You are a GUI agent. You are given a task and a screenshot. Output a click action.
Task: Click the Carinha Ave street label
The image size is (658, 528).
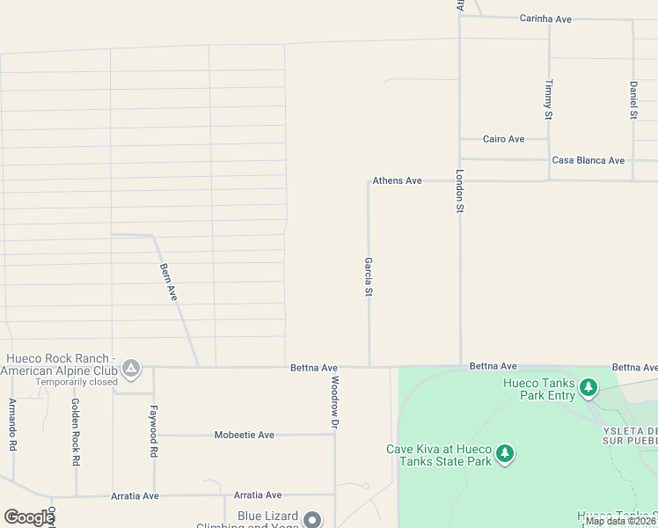click(x=545, y=18)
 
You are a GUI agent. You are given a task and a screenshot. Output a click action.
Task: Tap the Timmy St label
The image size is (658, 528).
click(x=548, y=99)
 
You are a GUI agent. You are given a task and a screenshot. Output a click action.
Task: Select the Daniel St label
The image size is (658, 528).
click(x=633, y=99)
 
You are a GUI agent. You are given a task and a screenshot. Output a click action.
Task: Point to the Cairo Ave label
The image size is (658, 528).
click(x=504, y=139)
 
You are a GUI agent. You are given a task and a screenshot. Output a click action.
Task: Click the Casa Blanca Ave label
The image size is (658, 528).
click(x=588, y=160)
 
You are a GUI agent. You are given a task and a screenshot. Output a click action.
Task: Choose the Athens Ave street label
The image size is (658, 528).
click(x=397, y=180)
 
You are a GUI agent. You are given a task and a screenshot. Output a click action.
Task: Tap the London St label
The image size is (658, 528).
click(x=459, y=191)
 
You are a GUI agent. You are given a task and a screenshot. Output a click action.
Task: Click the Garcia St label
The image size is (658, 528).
click(x=369, y=277)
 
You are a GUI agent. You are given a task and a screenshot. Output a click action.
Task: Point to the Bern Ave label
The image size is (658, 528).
click(x=169, y=282)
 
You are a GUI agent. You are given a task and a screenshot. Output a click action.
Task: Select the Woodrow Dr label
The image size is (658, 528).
click(x=334, y=402)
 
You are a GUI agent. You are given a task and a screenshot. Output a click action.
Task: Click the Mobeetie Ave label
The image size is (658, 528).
click(x=245, y=435)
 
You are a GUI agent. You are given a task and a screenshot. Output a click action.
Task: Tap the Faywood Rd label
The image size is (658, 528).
click(x=153, y=430)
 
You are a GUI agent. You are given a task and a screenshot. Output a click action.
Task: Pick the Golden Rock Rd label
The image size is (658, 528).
click(x=76, y=432)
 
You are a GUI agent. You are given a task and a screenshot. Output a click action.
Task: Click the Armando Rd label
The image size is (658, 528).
click(x=12, y=424)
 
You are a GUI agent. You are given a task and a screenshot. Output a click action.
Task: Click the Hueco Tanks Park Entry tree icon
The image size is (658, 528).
click(x=589, y=387)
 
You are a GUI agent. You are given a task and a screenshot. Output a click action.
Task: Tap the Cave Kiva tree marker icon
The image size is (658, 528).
click(x=504, y=454)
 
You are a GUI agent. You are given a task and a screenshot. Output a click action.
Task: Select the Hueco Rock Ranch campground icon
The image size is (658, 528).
click(x=131, y=367)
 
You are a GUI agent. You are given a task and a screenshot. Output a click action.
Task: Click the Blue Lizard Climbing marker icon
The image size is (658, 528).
click(x=312, y=520)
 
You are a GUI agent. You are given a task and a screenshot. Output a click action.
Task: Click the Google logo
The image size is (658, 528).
click(x=29, y=517)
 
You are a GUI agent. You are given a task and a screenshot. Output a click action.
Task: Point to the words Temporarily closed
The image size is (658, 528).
click(x=77, y=383)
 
